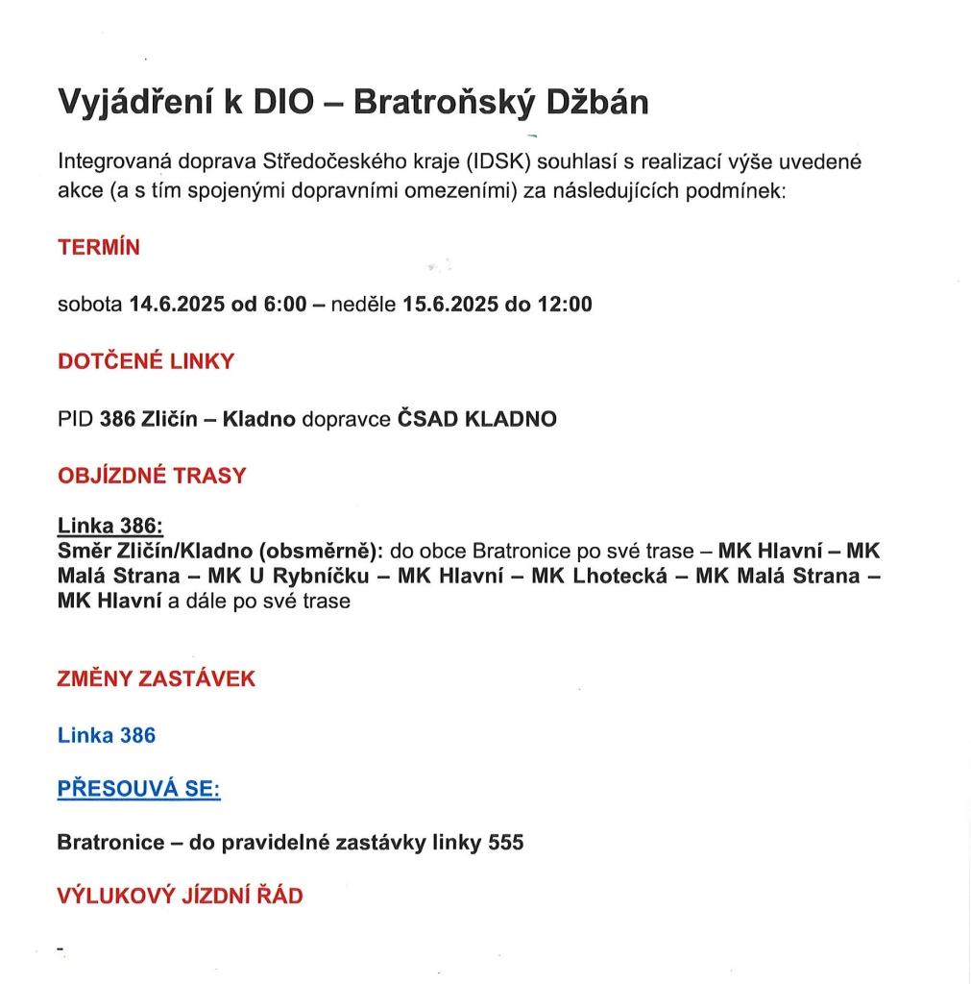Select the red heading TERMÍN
tap(99, 247)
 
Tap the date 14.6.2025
tap(177, 305)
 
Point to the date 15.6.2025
tap(449, 305)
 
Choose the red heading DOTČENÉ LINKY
tap(146, 361)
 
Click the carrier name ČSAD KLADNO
tap(477, 419)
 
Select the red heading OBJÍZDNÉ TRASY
tap(152, 476)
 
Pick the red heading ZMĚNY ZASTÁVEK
tap(157, 678)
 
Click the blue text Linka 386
tap(107, 735)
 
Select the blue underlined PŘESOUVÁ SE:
tap(139, 789)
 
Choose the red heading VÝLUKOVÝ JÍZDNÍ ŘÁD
tap(181, 897)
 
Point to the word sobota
tap(90, 305)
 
